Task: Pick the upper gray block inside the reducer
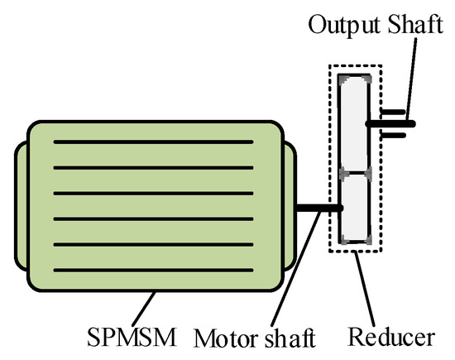(357, 124)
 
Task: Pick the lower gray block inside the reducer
(357, 207)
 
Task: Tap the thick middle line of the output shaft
(394, 124)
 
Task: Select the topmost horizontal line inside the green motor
(153, 142)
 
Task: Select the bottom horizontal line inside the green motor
(153, 271)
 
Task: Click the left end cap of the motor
(21, 207)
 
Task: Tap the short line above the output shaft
(393, 111)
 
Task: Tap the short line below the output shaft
(393, 136)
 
